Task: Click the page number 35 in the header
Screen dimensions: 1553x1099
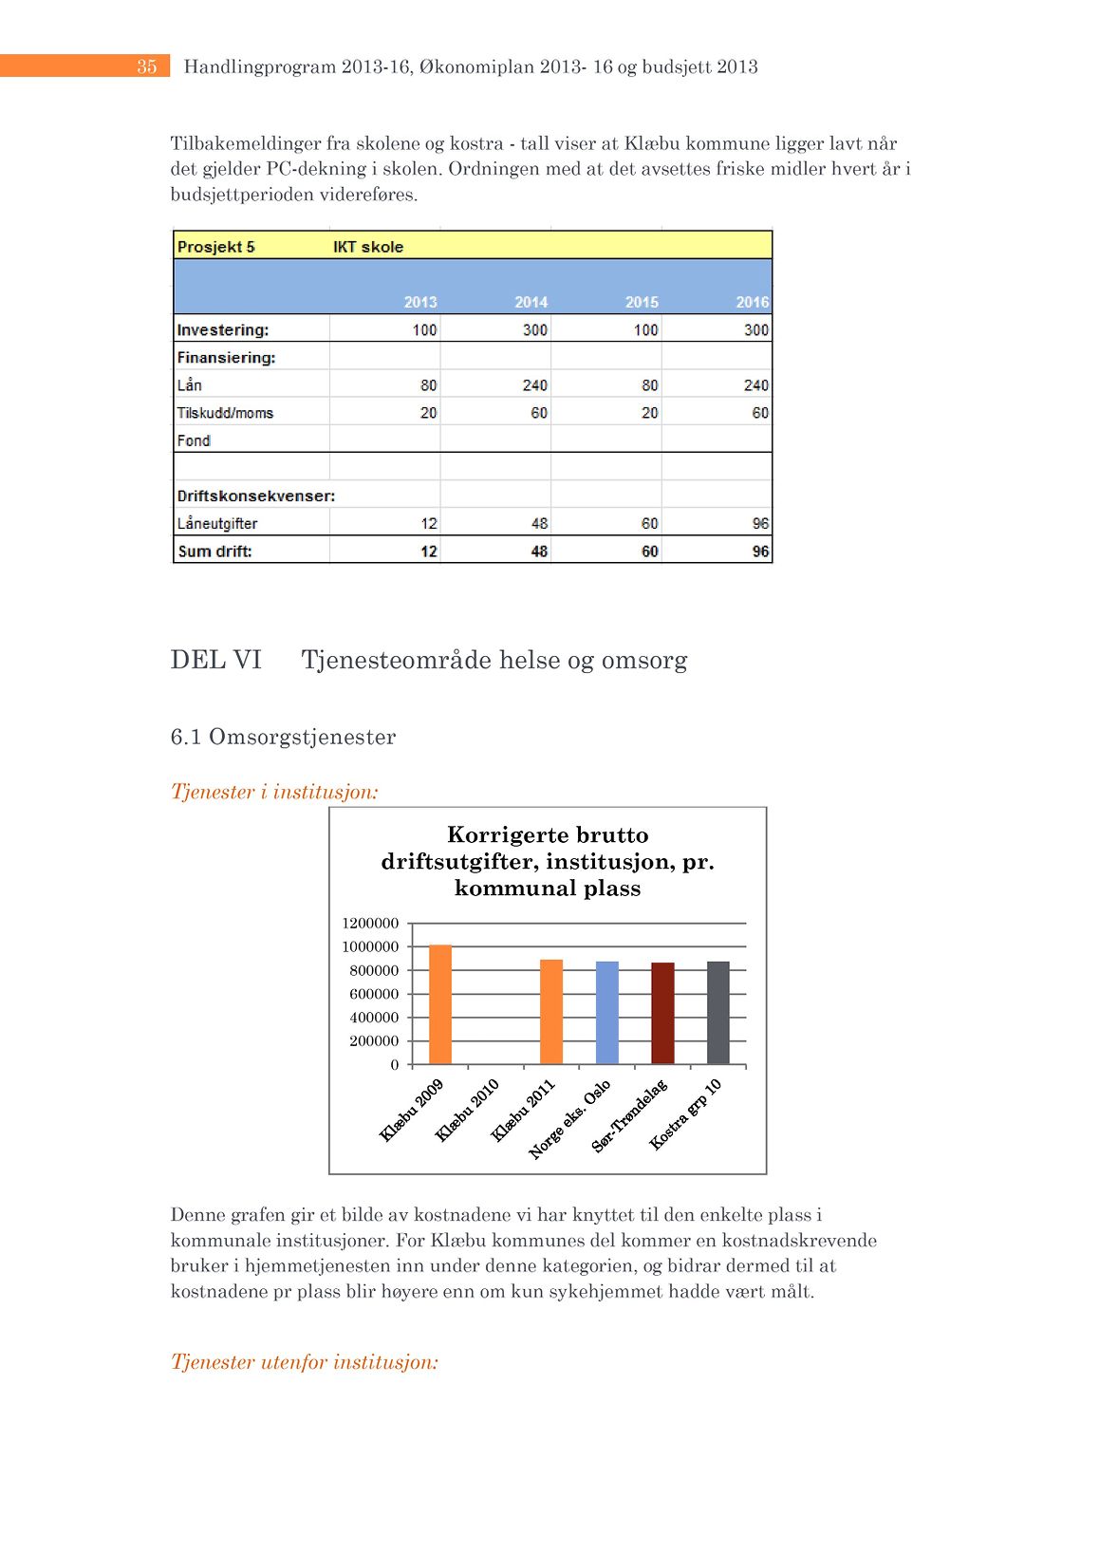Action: pos(146,66)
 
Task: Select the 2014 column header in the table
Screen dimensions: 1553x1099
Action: pos(531,302)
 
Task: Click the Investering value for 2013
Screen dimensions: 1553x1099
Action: pos(424,329)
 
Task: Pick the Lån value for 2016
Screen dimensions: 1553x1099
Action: pos(755,384)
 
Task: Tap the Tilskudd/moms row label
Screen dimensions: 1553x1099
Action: pos(225,413)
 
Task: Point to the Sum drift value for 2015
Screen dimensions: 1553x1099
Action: pos(649,552)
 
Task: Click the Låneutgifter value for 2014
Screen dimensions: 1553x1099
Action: pos(539,523)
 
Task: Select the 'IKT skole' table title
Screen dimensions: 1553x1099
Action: pos(368,247)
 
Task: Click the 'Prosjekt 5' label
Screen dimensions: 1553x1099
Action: pos(216,247)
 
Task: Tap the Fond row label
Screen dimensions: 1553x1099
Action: pos(194,440)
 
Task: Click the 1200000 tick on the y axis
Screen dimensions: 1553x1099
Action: pos(370,923)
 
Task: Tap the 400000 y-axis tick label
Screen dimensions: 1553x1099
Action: pos(374,1018)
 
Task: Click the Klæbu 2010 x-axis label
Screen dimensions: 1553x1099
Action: pos(467,1110)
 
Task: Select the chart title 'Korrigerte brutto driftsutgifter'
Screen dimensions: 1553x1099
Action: pos(548,861)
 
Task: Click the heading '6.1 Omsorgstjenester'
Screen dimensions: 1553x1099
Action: pos(283,737)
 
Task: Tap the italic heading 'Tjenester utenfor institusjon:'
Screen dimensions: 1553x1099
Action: pos(304,1362)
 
